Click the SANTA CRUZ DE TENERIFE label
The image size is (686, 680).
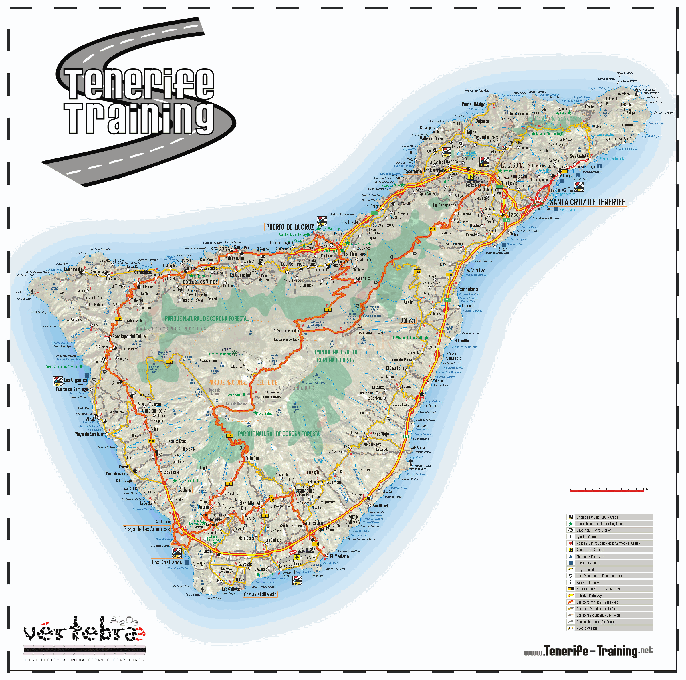click(587, 202)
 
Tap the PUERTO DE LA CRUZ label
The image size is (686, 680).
click(290, 227)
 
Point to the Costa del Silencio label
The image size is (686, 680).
click(260, 594)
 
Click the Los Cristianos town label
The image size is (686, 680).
click(167, 562)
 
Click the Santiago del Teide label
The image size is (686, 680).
click(129, 336)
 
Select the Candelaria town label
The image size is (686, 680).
click(468, 290)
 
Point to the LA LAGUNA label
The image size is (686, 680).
click(512, 165)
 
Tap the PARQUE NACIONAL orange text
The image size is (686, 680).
click(227, 382)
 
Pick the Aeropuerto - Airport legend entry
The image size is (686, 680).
click(589, 550)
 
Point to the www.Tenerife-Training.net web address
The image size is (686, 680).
click(588, 651)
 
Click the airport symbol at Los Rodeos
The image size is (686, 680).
click(471, 177)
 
